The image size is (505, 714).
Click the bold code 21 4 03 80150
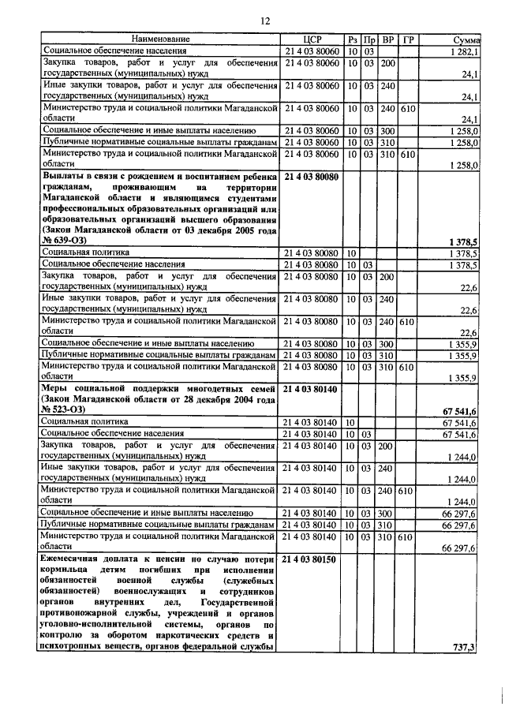click(312, 559)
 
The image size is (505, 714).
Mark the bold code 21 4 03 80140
click(312, 389)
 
